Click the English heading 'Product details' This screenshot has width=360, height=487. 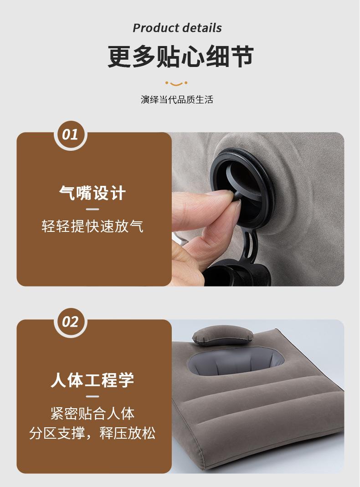(177, 28)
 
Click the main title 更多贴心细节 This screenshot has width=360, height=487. (180, 57)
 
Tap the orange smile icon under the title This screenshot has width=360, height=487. (176, 83)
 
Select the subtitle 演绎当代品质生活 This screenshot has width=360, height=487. (177, 99)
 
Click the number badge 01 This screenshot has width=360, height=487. (70, 134)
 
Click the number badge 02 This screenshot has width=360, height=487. (70, 322)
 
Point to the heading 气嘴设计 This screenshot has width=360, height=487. (93, 193)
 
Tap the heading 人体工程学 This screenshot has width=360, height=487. (93, 380)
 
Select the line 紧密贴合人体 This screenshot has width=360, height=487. (93, 414)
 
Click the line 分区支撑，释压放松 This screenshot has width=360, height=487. (93, 433)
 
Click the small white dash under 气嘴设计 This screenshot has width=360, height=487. (93, 210)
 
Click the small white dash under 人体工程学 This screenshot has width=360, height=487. (93, 396)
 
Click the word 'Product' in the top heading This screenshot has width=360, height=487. (154, 28)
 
